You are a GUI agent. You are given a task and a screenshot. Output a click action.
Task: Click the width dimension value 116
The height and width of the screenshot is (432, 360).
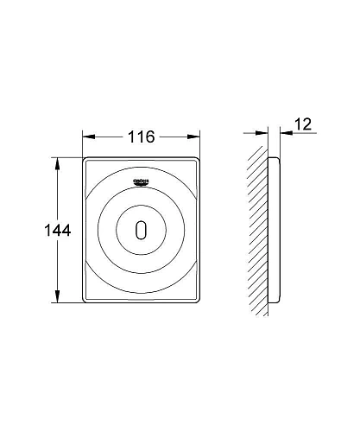click(142, 137)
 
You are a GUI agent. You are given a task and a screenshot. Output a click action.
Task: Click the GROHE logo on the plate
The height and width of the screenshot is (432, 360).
click(142, 180)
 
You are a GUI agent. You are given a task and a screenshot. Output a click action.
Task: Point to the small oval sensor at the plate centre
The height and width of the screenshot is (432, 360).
click(142, 231)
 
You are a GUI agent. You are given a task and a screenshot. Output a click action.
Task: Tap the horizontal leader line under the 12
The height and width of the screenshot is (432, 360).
click(298, 132)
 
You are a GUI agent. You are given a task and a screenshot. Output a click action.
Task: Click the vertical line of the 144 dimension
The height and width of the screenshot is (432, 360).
click(58, 259)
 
